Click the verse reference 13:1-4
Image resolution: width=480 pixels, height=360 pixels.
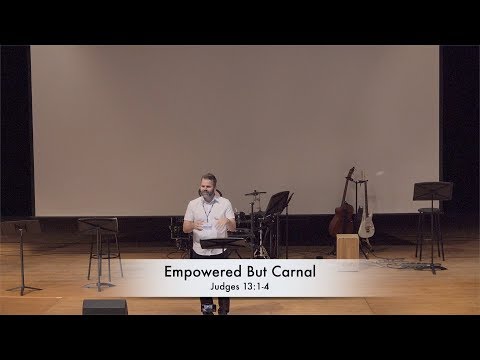256,288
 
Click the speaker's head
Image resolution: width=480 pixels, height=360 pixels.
209,184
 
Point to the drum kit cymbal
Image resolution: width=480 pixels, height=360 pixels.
256,192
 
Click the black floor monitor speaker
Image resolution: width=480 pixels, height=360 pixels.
105,307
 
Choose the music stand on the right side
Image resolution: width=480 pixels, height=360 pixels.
432,193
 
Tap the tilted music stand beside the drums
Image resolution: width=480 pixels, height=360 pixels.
278,203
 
